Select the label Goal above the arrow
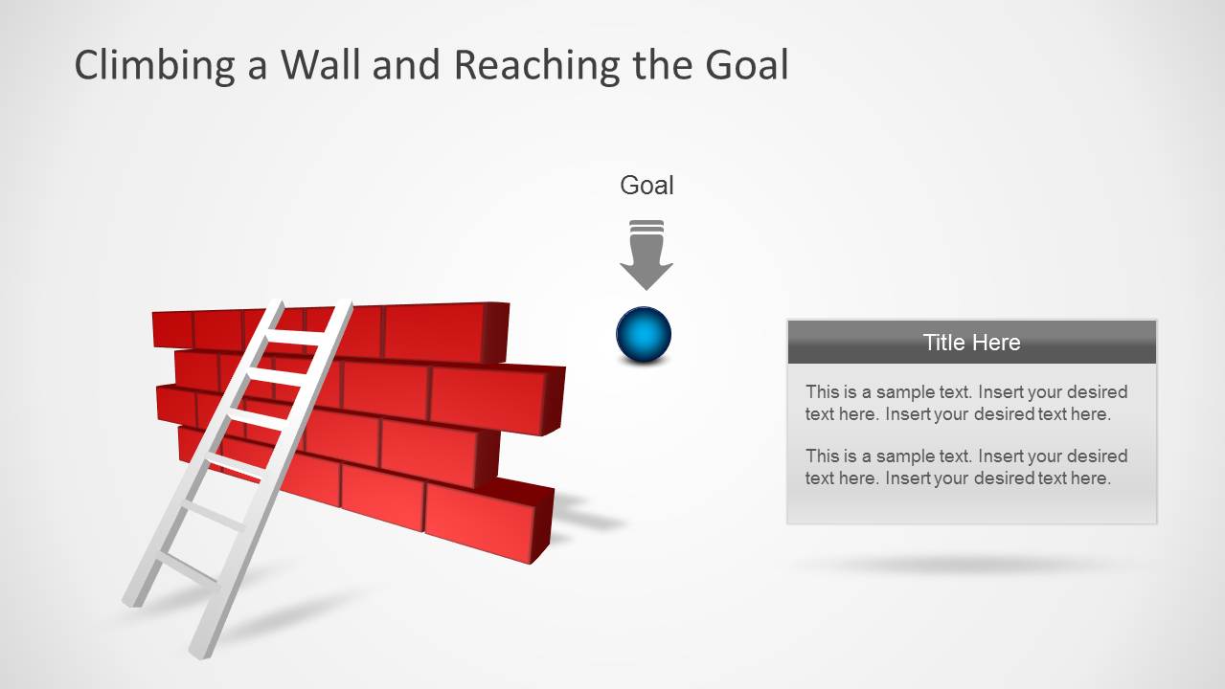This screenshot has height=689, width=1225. [647, 186]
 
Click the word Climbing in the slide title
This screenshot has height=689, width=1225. [156, 66]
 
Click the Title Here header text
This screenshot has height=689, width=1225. [971, 343]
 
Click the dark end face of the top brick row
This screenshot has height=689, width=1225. [495, 331]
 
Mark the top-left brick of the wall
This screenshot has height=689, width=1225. [172, 329]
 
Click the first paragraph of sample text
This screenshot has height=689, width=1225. [965, 403]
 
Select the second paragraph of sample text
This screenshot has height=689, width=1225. [965, 467]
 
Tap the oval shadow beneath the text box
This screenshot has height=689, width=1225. [967, 565]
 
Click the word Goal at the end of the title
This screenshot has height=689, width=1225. [746, 66]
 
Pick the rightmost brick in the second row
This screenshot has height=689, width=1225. [488, 397]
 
